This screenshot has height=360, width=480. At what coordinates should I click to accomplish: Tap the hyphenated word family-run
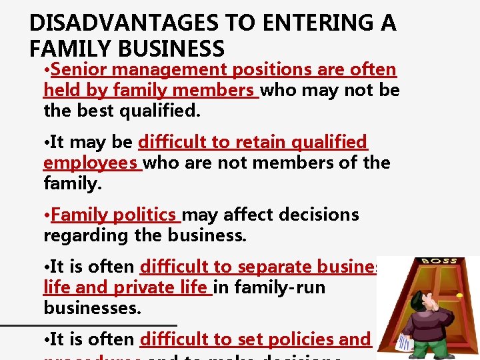click(289, 287)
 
